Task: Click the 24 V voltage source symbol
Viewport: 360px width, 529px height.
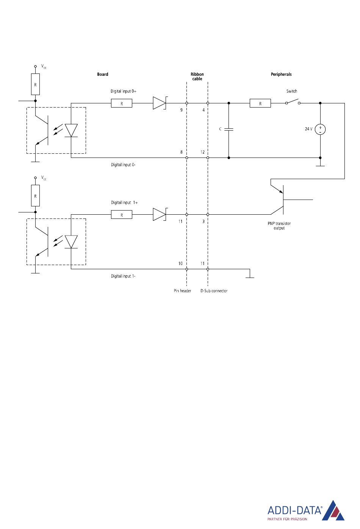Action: (x=320, y=129)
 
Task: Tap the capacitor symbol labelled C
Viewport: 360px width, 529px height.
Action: (x=229, y=129)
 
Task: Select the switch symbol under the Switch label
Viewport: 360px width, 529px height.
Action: (x=293, y=102)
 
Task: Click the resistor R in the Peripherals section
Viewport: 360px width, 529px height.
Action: (x=260, y=103)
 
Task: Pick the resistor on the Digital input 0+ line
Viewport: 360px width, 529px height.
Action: (x=122, y=103)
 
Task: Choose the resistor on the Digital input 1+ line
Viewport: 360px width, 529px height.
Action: (x=122, y=215)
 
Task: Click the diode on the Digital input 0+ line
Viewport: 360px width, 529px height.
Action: (x=160, y=103)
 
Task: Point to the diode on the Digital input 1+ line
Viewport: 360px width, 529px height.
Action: (x=160, y=214)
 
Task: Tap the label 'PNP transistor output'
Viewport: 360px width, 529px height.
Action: (x=279, y=226)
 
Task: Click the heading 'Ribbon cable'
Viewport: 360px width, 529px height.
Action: (x=197, y=76)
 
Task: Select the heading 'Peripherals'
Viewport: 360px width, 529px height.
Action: (x=281, y=74)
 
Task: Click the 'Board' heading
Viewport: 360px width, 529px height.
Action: (x=103, y=74)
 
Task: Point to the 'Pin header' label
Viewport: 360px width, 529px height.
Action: (x=183, y=291)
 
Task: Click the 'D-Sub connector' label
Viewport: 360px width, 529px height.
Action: (x=214, y=291)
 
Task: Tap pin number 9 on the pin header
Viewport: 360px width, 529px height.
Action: (x=181, y=110)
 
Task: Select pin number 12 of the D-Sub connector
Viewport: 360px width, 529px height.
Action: (x=203, y=152)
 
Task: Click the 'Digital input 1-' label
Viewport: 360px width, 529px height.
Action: (x=123, y=276)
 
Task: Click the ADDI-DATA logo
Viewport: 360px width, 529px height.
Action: (x=306, y=510)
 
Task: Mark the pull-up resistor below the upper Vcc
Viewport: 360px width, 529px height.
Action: (x=36, y=84)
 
